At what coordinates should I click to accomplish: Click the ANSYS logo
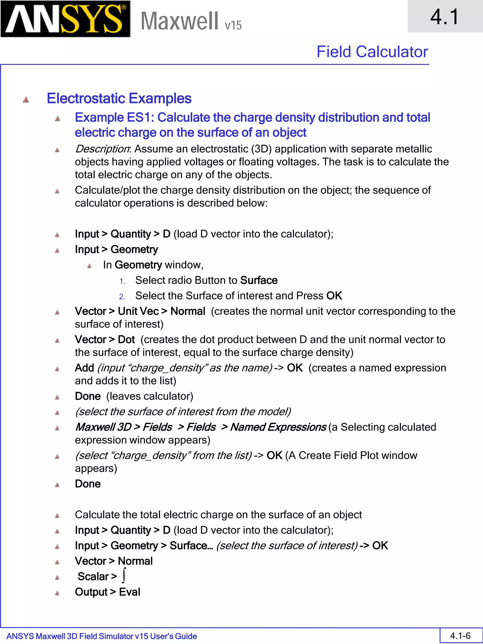coord(65,19)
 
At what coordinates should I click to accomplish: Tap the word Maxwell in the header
coord(179,21)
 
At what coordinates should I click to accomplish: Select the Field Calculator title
coord(372,52)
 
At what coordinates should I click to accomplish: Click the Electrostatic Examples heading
coord(119,98)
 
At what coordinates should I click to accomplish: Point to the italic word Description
coord(102,149)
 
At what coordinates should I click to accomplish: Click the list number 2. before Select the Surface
coord(122,297)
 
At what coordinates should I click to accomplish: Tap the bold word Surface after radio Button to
coord(258,280)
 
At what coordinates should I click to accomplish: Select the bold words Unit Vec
coord(138,311)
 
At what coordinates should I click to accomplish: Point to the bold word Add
coord(84,368)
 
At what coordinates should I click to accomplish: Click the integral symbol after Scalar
coord(124,576)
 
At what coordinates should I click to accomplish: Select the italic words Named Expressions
coord(278,427)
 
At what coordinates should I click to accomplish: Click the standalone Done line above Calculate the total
coord(88,484)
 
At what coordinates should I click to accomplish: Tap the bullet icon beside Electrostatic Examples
coord(26,100)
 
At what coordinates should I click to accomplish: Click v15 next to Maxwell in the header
coord(233,25)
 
